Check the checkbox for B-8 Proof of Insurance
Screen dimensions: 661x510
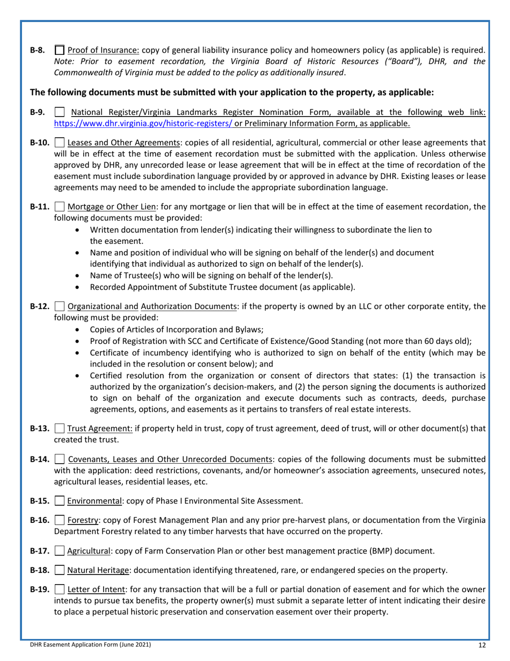tap(60, 51)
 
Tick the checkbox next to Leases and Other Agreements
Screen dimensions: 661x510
tap(60, 143)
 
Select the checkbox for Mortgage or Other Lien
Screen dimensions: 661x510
tap(60, 207)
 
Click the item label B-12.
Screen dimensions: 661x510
tap(40, 307)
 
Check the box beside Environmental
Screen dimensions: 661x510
tap(60, 501)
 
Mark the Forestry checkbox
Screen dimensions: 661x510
tap(60, 520)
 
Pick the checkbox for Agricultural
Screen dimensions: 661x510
tap(60, 551)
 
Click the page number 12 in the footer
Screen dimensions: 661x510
tap(482, 644)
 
